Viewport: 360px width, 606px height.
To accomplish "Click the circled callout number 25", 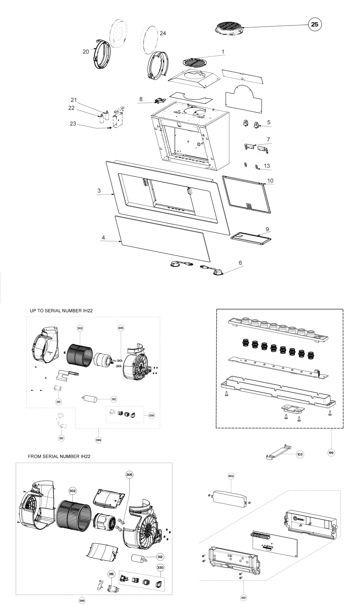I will point(315,24).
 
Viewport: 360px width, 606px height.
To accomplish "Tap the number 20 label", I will point(86,51).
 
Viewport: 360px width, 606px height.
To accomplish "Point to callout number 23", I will point(73,123).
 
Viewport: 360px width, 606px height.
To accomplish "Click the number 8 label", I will point(141,99).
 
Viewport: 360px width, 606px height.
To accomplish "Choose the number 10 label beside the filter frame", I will point(270,180).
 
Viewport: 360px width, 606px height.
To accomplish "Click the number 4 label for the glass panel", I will point(103,238).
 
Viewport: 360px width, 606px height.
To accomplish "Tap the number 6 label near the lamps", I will point(240,262).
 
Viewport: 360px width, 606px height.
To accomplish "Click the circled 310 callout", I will point(61,438).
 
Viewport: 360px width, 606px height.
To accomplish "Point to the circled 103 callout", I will point(300,454).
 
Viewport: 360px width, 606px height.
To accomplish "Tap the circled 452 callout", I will point(231,476).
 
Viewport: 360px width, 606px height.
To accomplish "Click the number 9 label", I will point(267,229).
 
